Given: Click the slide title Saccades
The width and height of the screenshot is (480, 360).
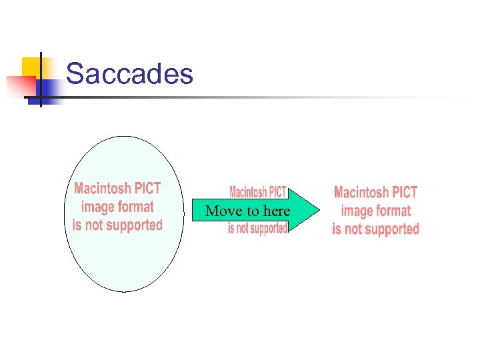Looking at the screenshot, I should [129, 73].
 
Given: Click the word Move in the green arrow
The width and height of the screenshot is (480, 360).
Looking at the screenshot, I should [222, 211].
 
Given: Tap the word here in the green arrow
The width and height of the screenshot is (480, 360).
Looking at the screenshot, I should [277, 211].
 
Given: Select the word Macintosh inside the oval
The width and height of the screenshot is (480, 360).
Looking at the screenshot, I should [102, 188].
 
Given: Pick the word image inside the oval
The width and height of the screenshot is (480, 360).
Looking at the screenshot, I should [97, 207].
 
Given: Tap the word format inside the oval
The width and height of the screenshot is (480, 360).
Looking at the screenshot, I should [135, 207].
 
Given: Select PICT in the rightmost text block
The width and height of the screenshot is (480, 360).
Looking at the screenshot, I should [405, 193].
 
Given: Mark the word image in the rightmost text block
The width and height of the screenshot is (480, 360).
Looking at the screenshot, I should [357, 211].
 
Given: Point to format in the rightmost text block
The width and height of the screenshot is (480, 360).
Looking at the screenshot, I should [395, 211].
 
